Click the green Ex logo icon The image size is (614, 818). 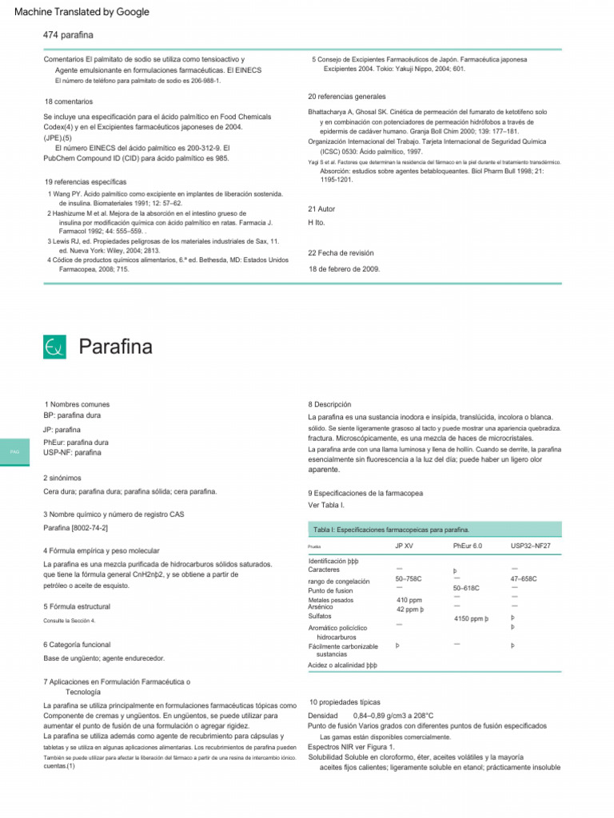click(55, 347)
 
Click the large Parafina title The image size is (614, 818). click(115, 347)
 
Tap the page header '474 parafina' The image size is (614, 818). click(68, 35)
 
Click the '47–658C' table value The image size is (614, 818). click(523, 578)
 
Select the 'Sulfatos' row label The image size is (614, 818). click(320, 617)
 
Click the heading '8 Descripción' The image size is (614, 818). click(329, 405)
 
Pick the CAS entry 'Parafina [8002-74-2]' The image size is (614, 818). click(76, 528)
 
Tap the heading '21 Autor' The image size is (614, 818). click(321, 209)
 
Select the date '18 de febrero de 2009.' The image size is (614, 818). click(345, 269)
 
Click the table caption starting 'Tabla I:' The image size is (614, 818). click(391, 530)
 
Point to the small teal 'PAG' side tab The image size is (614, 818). click(14, 452)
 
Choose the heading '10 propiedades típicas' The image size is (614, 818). click(345, 701)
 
